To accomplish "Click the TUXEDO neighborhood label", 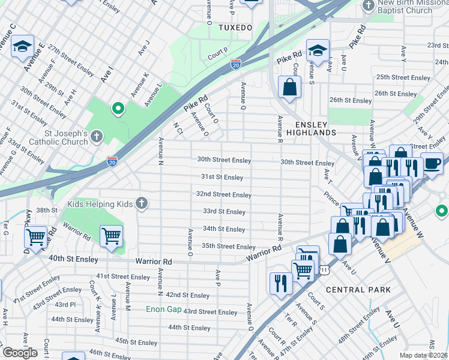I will point(235,28).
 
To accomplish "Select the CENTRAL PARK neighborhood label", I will point(358,289).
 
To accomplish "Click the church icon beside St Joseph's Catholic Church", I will point(96,137).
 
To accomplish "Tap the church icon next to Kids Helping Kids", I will point(141,204).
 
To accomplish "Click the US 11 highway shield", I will point(325,271).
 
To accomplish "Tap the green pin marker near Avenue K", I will point(118,109).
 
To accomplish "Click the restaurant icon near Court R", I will point(280,282).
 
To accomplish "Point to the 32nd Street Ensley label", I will point(224,194).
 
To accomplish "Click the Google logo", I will point(20,353).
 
